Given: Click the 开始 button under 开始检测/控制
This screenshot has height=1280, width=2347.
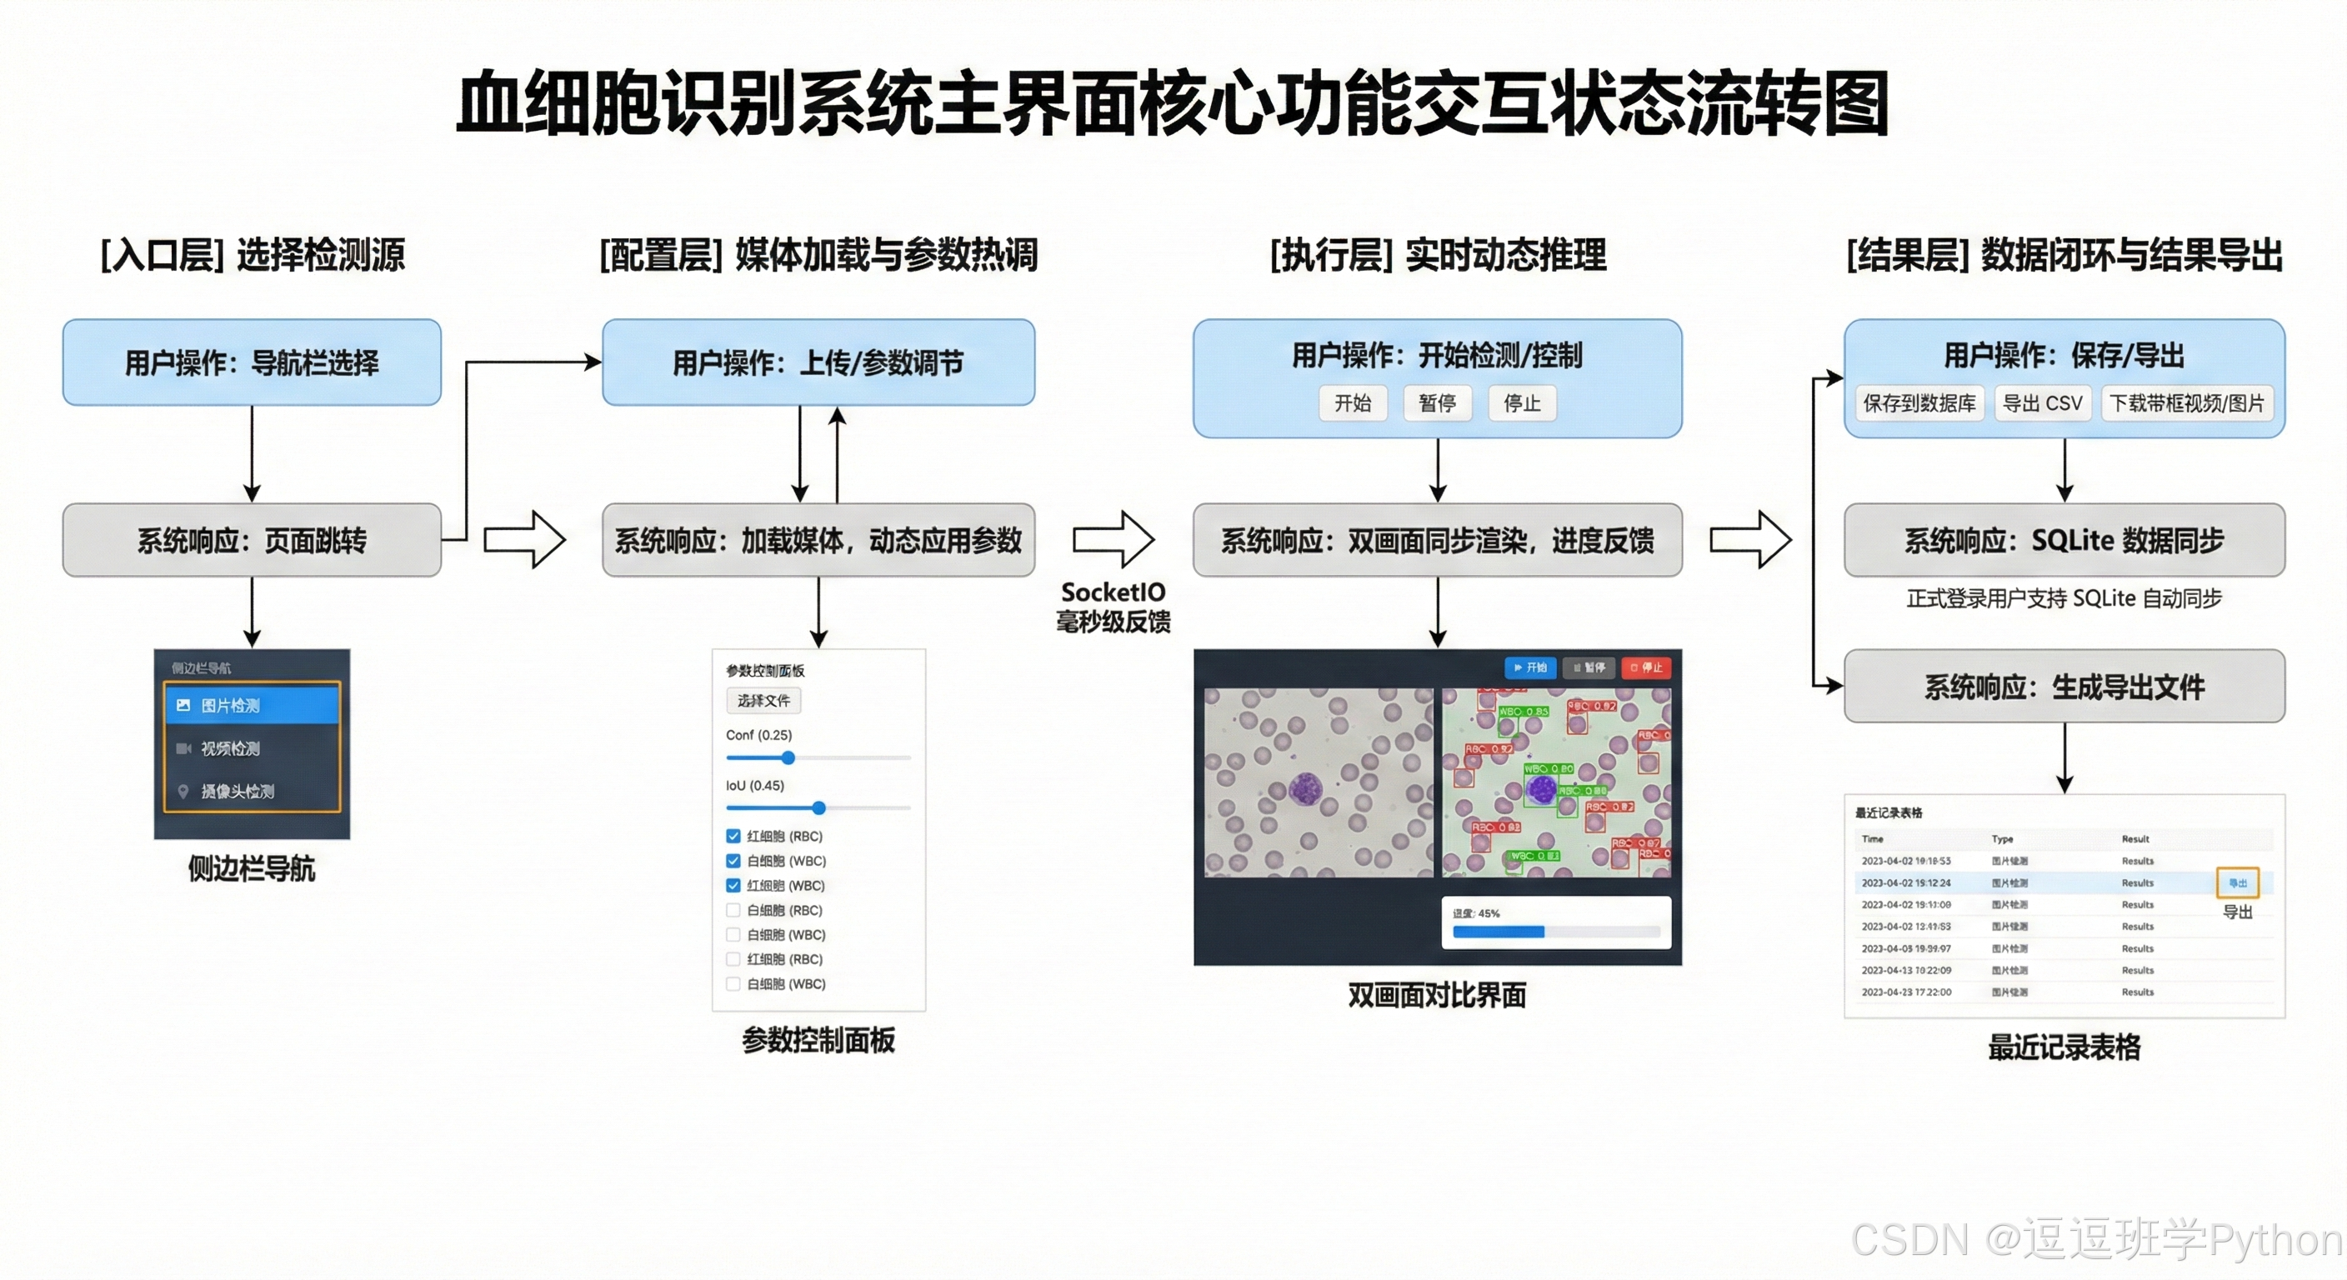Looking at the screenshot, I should click(1352, 402).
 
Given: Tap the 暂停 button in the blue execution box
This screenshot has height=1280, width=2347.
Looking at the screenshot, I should click(1437, 402).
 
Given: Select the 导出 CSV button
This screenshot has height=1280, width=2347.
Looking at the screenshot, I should click(2042, 402).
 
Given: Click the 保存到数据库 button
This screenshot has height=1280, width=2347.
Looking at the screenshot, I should click(1919, 402).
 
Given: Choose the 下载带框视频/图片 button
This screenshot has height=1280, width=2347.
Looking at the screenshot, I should click(2187, 402).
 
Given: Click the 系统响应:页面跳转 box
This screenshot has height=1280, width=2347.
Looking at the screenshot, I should click(252, 540).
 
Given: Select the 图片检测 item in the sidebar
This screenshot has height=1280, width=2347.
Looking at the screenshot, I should click(252, 705).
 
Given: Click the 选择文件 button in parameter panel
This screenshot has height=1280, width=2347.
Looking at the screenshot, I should click(763, 701).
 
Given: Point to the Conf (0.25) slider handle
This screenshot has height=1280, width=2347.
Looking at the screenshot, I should click(788, 757).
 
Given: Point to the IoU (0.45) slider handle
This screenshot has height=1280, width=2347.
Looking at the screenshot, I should click(818, 807).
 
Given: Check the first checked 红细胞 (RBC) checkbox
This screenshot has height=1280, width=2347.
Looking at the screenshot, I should click(733, 835).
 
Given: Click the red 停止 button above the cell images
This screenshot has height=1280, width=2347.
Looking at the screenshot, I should click(1645, 667).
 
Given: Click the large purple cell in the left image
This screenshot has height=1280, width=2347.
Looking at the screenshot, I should click(1306, 788).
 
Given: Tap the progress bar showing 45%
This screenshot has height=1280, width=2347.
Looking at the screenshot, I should click(1556, 931).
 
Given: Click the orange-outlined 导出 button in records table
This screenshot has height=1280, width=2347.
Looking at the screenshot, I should click(2237, 882).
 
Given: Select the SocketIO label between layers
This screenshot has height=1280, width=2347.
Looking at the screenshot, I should click(1113, 592).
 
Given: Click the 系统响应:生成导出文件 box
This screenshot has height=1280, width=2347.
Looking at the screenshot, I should click(2064, 686).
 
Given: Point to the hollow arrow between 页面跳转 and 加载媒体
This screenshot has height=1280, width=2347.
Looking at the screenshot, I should click(525, 539).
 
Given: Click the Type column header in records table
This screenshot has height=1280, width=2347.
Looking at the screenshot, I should click(2002, 838).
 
